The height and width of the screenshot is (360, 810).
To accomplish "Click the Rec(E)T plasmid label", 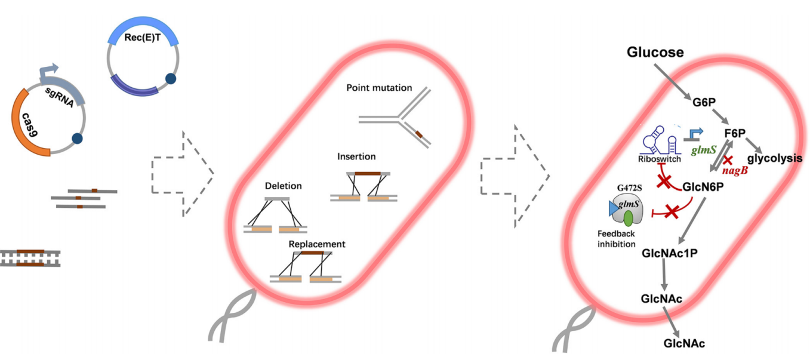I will coord(143,37).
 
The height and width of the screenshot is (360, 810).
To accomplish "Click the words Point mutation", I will coord(379,88).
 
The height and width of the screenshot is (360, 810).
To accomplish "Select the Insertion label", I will coord(356,157).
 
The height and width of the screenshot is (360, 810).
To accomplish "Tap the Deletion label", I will coord(284,186).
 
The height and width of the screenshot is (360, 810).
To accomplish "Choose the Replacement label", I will coord(317,244).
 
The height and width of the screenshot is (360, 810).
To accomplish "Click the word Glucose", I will coord(655,53).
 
